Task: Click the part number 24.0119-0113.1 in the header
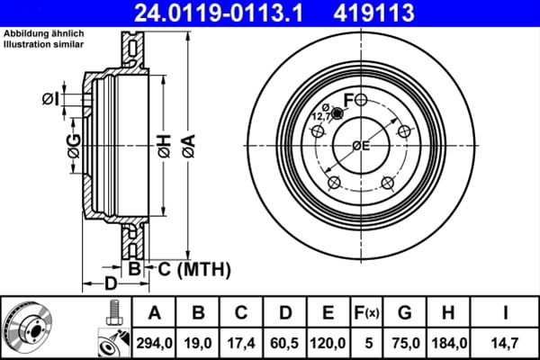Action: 219,13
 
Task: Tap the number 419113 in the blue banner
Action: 373,13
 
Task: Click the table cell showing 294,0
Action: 154,343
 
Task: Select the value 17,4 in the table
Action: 241,343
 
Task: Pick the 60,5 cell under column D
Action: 284,343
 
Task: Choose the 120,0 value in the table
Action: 328,343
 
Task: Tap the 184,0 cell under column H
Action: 449,343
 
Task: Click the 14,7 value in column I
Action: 505,343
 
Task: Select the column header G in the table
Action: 405,313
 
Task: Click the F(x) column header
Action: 367,313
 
